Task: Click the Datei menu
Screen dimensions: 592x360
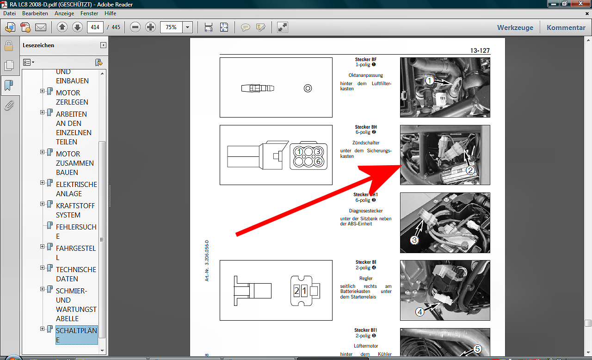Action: [x=10, y=13]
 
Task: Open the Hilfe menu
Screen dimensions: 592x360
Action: [x=110, y=13]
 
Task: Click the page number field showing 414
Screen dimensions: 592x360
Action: [x=95, y=27]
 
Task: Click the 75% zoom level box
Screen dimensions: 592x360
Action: [x=171, y=27]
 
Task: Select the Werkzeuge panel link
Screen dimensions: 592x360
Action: [x=515, y=27]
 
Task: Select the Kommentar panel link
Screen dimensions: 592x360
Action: [x=566, y=27]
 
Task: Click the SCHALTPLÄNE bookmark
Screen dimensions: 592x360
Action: [x=76, y=335]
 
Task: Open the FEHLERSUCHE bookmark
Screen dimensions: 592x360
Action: [x=76, y=231]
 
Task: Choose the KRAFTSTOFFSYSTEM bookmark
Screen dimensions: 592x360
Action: [x=75, y=211]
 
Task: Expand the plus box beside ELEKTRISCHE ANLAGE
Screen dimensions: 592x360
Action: [x=42, y=183]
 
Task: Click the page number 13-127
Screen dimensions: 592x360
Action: [x=480, y=50]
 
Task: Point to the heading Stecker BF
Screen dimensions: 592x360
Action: [x=366, y=60]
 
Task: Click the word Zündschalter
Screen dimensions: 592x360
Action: [x=366, y=143]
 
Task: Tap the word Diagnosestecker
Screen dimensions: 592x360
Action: [x=366, y=211]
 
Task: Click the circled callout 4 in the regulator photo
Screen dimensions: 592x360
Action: [x=419, y=312]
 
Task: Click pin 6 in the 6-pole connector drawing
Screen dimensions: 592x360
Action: [x=319, y=161]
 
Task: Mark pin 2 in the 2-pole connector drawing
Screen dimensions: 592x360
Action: [x=296, y=291]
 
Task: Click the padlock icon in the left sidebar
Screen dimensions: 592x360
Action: [x=9, y=46]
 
